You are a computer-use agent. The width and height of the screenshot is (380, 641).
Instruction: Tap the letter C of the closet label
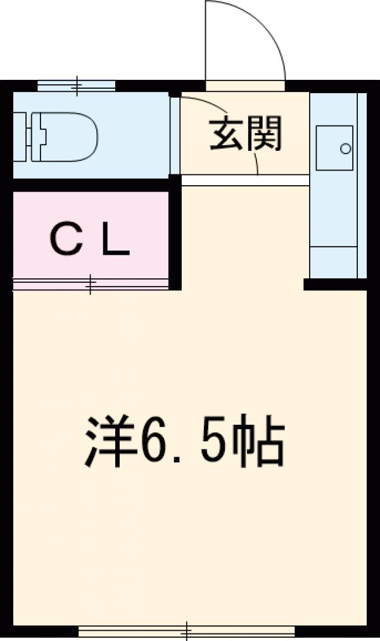(65, 240)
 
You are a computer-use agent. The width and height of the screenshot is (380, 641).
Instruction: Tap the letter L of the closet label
(117, 240)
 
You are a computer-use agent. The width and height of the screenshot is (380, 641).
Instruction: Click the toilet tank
(23, 134)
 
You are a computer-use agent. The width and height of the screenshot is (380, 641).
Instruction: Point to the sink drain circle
(345, 149)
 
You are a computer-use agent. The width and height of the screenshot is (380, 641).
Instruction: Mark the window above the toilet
(77, 85)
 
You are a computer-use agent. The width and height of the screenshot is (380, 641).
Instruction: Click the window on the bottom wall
(187, 631)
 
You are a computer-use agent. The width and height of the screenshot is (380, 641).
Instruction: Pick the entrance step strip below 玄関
(245, 181)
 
